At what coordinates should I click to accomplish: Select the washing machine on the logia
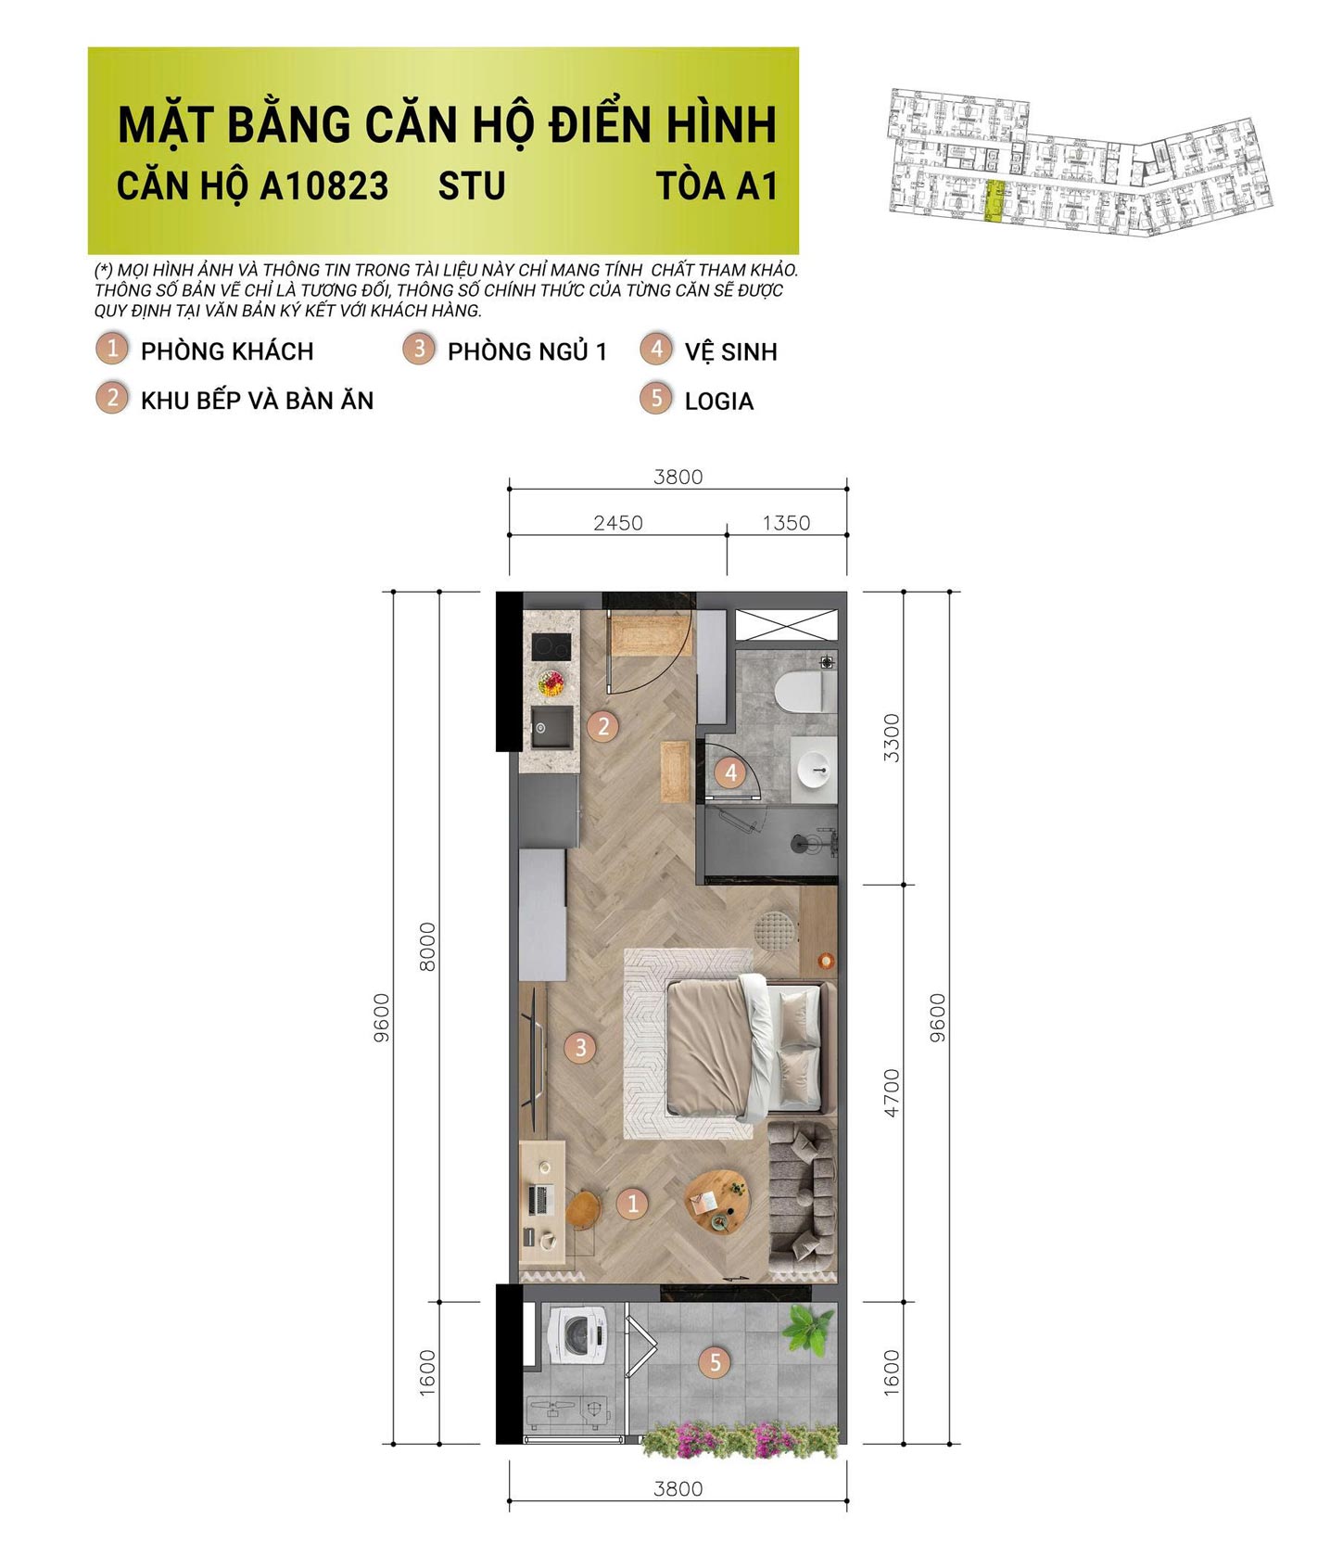[578, 1334]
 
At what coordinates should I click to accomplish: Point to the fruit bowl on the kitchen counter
[551, 684]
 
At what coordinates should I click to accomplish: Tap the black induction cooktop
[551, 645]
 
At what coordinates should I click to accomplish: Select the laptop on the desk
[539, 1201]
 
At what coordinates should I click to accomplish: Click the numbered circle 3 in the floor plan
[580, 1048]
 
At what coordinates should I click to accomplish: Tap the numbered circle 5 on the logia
[715, 1362]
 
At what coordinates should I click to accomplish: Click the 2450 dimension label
[618, 523]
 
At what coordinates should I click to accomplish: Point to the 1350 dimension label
[786, 523]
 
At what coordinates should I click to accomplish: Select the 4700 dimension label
[892, 1092]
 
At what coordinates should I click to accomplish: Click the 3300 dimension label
[892, 737]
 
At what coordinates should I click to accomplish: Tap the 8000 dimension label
[427, 946]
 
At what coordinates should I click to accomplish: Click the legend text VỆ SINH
[730, 352]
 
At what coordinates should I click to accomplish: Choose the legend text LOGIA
[718, 402]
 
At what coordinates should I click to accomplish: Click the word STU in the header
[472, 186]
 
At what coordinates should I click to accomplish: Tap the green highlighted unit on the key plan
[994, 201]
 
